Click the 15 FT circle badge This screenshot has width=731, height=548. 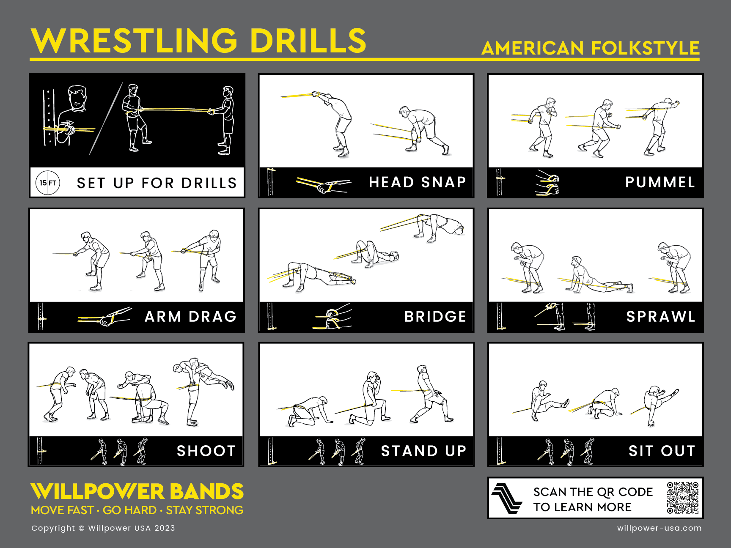tap(48, 183)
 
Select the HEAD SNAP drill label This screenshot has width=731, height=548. tap(417, 182)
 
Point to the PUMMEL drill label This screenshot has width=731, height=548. tap(660, 182)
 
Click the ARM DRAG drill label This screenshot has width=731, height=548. tap(190, 317)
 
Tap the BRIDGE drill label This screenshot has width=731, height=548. tap(435, 317)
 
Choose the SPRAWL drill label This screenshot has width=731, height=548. tap(661, 317)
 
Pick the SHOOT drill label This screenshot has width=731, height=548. tap(206, 451)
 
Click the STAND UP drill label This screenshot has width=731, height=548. tap(423, 451)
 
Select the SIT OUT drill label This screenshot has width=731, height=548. tap(662, 451)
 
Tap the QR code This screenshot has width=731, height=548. tap(683, 498)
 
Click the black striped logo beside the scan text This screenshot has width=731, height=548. tap(507, 498)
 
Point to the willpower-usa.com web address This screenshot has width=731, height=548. tap(659, 528)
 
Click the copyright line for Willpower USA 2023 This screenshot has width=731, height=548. tap(103, 528)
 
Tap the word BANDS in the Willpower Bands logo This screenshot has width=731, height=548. tap(206, 492)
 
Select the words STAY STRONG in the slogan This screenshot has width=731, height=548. tap(205, 510)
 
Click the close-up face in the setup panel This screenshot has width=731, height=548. tap(77, 99)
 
